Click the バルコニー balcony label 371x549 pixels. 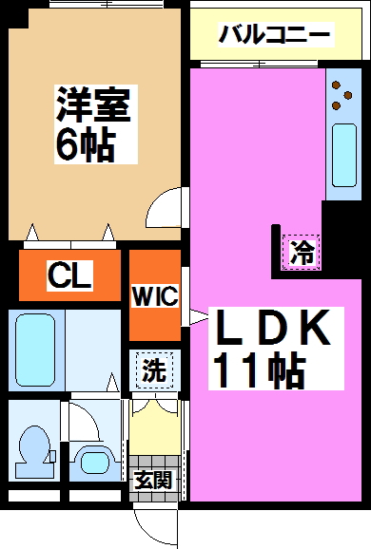pyautogui.click(x=274, y=36)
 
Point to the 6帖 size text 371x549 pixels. pyautogui.click(x=85, y=145)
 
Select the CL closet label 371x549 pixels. pyautogui.click(x=69, y=276)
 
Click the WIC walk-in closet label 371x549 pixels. pyautogui.click(x=154, y=295)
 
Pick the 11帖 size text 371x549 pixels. pyautogui.click(x=258, y=369)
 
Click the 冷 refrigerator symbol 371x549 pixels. pyautogui.click(x=302, y=253)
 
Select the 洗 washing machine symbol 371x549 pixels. pyautogui.click(x=152, y=370)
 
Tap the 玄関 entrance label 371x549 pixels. pyautogui.click(x=152, y=481)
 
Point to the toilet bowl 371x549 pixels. pyautogui.click(x=34, y=447)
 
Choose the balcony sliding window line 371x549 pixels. pyautogui.click(x=257, y=65)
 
